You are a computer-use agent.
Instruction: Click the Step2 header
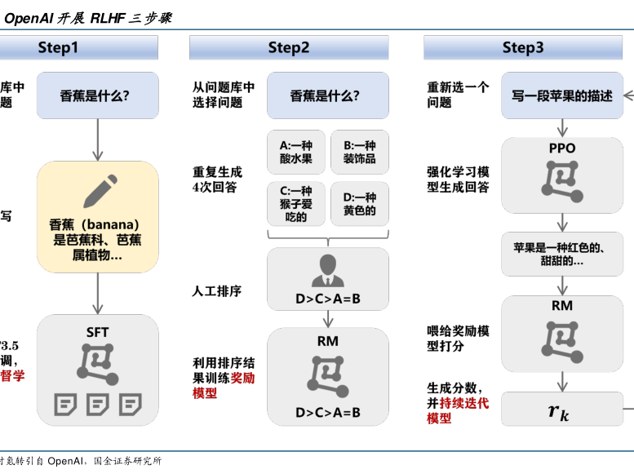289,48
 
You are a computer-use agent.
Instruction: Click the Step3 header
523,48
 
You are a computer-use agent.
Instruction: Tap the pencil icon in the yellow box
98,193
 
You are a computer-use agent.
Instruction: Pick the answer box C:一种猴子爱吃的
295,204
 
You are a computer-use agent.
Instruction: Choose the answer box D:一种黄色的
359,204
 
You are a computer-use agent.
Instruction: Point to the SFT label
97,332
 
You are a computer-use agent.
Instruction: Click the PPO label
562,148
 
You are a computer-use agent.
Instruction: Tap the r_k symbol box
560,410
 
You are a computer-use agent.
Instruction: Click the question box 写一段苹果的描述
562,95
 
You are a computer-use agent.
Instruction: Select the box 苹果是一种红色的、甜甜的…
562,254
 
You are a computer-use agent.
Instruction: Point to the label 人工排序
217,291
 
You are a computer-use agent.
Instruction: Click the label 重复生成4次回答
217,179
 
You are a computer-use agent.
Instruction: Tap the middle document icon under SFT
97,404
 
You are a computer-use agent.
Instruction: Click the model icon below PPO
562,181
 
